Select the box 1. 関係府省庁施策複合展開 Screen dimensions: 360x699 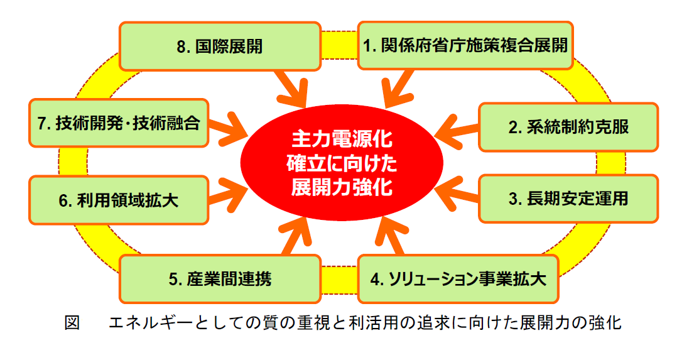(x=465, y=46)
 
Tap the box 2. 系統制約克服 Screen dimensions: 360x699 (x=568, y=127)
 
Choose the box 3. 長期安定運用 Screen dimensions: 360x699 (x=568, y=199)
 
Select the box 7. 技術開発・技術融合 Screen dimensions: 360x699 (x=118, y=124)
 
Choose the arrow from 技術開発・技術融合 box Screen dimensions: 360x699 (x=226, y=125)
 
